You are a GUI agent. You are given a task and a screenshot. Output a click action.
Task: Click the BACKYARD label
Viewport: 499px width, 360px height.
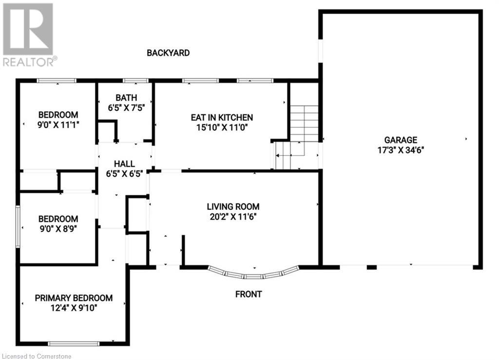tap(168, 53)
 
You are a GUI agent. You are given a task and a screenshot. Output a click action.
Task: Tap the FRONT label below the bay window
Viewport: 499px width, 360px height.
tap(249, 294)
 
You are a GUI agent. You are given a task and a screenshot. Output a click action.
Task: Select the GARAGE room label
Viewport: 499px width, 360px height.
tap(401, 140)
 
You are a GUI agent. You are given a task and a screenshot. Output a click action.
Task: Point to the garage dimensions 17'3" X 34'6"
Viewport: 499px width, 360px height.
tap(401, 150)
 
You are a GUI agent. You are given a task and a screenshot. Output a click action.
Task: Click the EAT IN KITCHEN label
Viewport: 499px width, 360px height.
tap(222, 117)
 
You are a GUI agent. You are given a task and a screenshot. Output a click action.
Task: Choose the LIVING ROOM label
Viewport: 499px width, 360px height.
tap(233, 207)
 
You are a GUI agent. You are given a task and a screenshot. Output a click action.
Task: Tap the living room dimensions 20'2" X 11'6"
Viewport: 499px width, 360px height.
tap(233, 217)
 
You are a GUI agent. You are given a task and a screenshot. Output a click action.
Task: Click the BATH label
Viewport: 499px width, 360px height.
tap(126, 97)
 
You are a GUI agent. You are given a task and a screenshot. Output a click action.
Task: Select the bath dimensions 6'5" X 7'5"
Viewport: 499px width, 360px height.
tap(126, 108)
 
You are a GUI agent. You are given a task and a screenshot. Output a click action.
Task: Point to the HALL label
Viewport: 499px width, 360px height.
tap(124, 164)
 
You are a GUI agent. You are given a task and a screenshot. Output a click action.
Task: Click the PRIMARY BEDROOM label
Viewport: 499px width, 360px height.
tap(74, 298)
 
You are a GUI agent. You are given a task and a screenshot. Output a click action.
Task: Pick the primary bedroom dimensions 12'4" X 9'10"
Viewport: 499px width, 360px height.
tap(74, 308)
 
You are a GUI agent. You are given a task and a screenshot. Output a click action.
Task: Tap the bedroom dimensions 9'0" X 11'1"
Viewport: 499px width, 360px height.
tap(58, 125)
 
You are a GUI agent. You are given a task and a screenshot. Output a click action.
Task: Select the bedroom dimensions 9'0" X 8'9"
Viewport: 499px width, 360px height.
tap(58, 229)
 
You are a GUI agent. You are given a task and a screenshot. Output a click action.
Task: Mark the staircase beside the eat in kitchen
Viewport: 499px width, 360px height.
tap(297, 137)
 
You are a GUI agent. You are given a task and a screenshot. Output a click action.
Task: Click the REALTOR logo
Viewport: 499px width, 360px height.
tap(29, 35)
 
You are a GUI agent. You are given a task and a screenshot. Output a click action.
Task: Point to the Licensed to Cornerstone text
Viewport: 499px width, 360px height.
tap(36, 357)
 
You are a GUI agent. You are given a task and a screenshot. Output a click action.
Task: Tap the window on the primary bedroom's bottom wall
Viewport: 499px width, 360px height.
tap(74, 343)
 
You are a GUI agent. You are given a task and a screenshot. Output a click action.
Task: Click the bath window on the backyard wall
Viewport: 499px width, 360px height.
tap(135, 81)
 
